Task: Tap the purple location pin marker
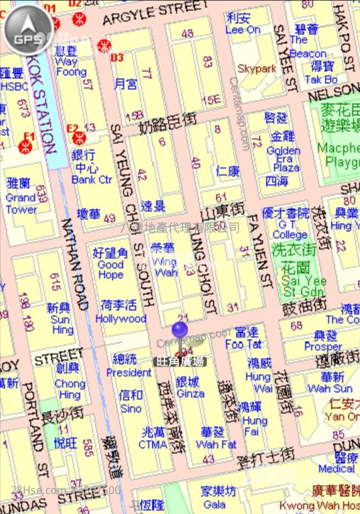pyautogui.click(x=180, y=331)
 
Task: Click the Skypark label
pyautogui.click(x=257, y=69)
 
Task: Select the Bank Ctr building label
pyautogui.click(x=91, y=180)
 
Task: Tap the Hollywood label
pyautogui.click(x=120, y=319)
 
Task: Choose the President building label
pyautogui.click(x=129, y=372)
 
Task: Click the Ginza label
pyautogui.click(x=190, y=393)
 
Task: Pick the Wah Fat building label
pyautogui.click(x=216, y=445)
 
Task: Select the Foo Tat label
pyautogui.click(x=244, y=345)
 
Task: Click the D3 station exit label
pyautogui.click(x=118, y=57)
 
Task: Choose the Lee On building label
pyautogui.click(x=242, y=29)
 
